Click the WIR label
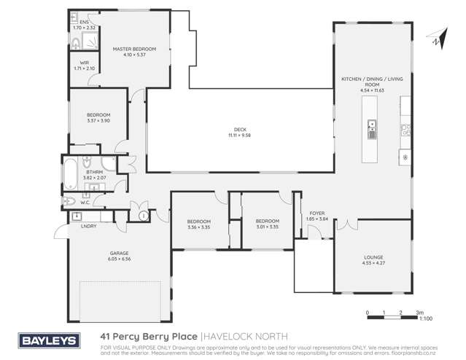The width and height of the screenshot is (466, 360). pyautogui.click(x=84, y=63)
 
